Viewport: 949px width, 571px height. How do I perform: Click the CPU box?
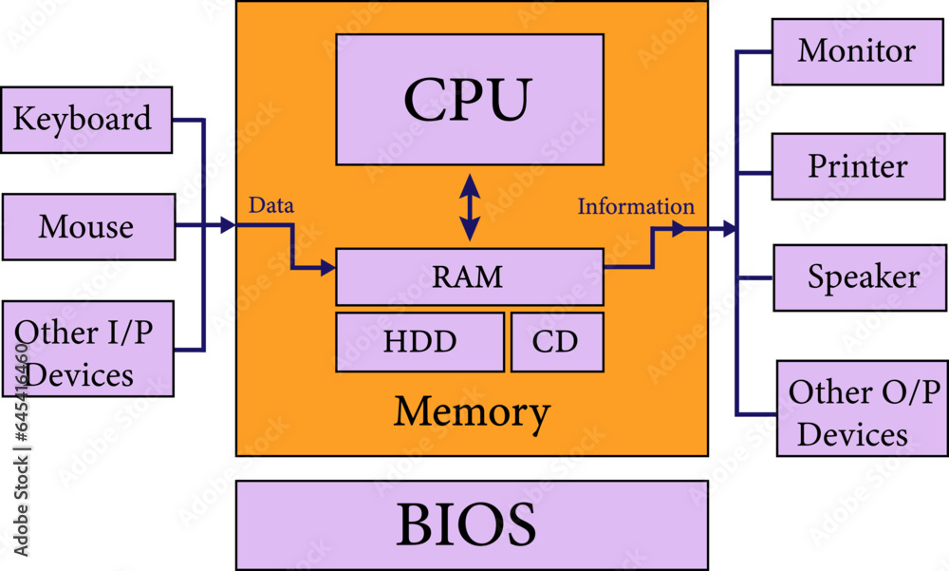point(470,100)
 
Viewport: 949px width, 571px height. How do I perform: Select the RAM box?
point(470,276)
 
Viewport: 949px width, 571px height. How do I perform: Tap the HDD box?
point(419,342)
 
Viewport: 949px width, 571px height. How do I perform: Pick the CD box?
point(557,342)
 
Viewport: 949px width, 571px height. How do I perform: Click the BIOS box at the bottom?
point(472,524)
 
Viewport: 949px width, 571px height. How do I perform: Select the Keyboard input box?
point(86,120)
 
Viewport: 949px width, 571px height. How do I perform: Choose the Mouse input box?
point(88,227)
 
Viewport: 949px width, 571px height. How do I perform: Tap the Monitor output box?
point(857,51)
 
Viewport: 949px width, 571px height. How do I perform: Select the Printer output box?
point(857,166)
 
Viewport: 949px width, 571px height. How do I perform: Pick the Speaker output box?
point(859,277)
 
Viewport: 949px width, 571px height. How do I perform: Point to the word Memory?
point(472,412)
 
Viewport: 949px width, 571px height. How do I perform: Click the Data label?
point(270,205)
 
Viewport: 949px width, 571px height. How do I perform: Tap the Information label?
point(636,206)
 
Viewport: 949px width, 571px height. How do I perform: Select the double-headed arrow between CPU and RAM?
point(469,207)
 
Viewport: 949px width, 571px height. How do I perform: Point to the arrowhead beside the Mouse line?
point(227,226)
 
